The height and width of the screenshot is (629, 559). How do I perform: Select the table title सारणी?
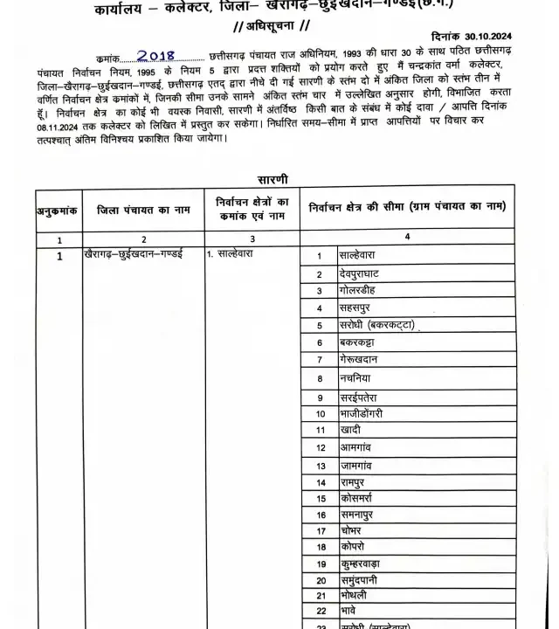coord(273,179)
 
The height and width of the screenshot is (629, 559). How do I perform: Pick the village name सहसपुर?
coord(358,308)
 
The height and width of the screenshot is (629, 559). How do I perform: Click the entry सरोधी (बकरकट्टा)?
coord(376,325)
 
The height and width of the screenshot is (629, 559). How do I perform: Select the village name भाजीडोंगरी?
coord(373,412)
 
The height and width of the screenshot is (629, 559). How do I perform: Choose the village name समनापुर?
coord(363,515)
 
